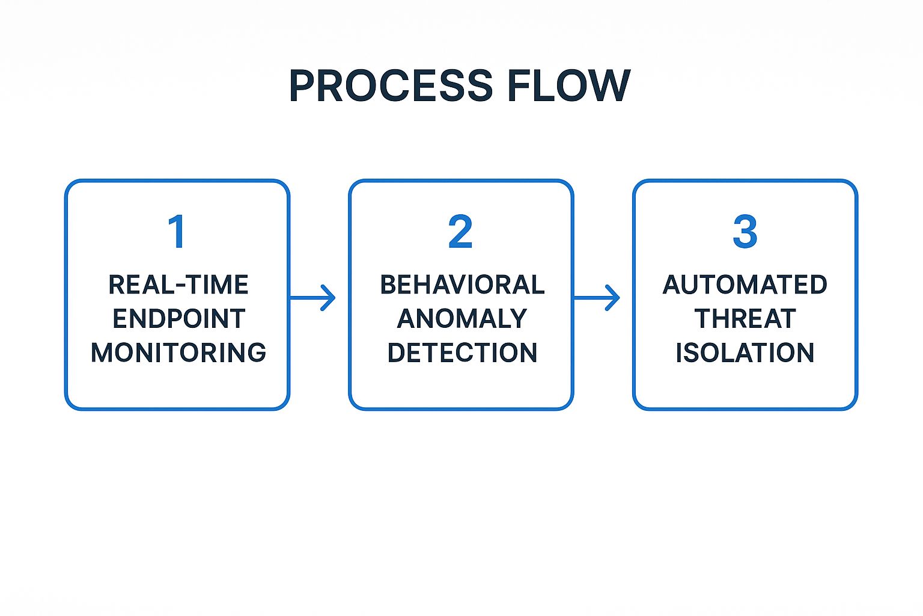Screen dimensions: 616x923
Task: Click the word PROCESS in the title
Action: [391, 85]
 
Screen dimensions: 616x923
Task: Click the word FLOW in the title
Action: [568, 85]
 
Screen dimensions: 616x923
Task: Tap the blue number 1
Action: [177, 232]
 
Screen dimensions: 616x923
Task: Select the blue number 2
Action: [460, 232]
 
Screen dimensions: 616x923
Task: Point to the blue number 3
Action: [745, 232]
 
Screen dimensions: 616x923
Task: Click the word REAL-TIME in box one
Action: [178, 285]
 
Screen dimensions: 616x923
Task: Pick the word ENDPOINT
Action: [178, 319]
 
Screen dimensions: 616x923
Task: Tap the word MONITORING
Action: [178, 353]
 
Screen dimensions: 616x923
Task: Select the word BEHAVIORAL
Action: [461, 285]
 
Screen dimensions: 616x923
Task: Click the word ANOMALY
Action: [461, 319]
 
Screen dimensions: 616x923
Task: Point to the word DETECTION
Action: [461, 353]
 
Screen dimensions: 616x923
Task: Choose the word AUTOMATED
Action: [745, 285]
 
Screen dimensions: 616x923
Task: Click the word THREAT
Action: [745, 319]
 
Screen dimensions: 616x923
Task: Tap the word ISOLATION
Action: [745, 353]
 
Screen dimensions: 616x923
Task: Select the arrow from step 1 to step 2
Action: [311, 297]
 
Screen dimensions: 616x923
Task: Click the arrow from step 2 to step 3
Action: [596, 297]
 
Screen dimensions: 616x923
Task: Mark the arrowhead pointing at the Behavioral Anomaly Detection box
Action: [329, 297]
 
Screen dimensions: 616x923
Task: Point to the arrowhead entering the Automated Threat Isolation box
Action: [614, 297]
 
